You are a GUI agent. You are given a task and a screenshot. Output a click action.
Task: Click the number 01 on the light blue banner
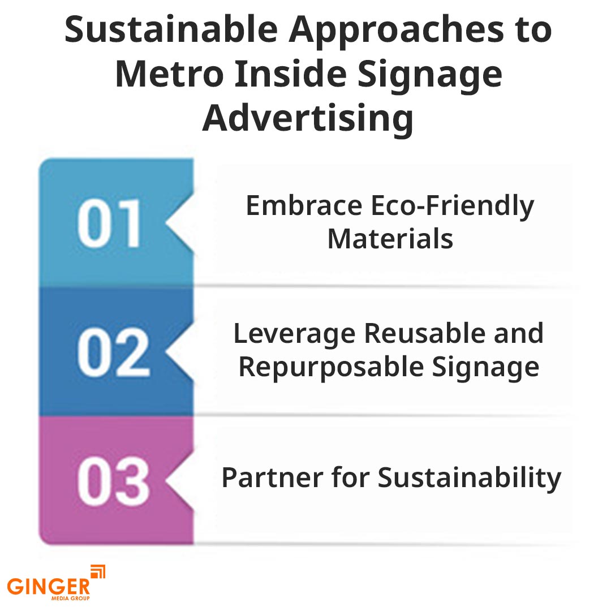click(x=109, y=223)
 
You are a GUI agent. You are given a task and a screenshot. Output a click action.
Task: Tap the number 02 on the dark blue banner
click(x=113, y=352)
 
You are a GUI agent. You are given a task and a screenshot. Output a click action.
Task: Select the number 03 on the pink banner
click(x=113, y=481)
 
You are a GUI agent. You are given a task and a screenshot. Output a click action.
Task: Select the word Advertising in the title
click(x=308, y=119)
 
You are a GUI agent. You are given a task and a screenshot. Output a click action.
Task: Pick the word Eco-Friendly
click(x=453, y=206)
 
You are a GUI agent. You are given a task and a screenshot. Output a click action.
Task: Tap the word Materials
click(x=390, y=239)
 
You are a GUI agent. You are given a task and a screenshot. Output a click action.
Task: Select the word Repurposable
click(x=331, y=368)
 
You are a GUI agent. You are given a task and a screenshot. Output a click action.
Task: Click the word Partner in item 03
click(x=272, y=477)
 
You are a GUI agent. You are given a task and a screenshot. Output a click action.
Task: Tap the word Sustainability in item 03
click(x=469, y=479)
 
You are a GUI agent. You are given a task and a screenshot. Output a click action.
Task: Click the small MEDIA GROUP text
click(x=70, y=598)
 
